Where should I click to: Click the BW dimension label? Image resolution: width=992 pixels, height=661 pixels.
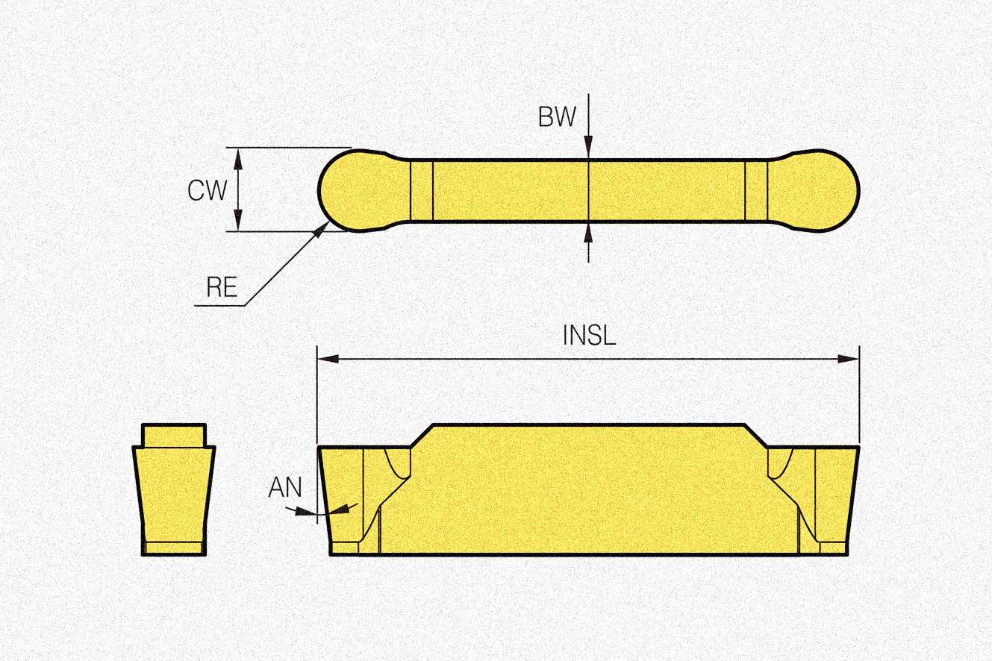tap(557, 117)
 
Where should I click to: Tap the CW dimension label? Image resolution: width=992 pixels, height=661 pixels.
tap(207, 191)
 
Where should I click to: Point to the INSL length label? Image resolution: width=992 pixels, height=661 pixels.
tap(589, 336)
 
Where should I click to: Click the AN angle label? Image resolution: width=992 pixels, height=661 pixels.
tap(285, 488)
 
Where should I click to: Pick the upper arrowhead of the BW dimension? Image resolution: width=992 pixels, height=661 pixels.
tap(589, 150)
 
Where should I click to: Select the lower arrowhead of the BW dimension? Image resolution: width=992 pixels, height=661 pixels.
tap(589, 232)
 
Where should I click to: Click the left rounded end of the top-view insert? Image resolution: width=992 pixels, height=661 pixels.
tap(351, 190)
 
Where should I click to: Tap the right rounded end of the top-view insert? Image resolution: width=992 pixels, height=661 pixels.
tap(821, 190)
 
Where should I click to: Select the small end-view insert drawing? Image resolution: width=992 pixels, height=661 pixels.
tap(174, 492)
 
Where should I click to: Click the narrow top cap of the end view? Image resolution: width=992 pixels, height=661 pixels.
tap(174, 435)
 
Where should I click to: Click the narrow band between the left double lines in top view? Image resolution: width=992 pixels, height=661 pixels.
tap(422, 190)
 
